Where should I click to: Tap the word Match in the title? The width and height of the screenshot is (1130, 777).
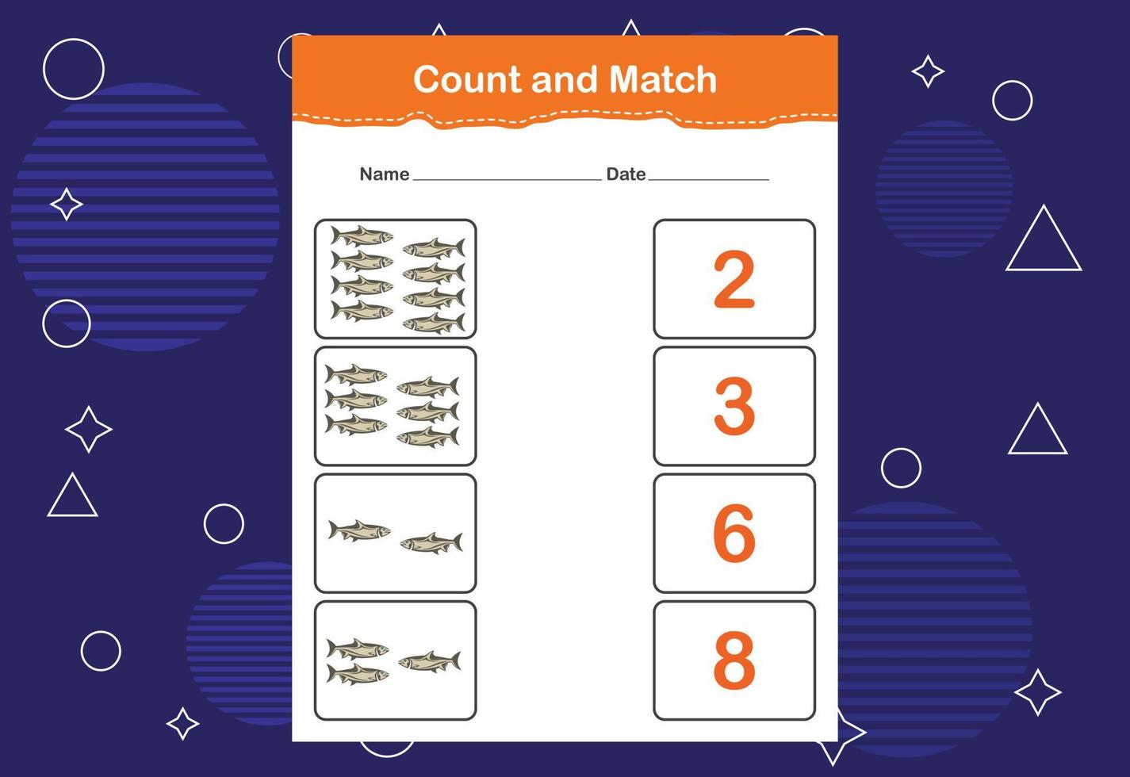tap(663, 80)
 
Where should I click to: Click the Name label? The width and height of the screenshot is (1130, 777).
tap(384, 174)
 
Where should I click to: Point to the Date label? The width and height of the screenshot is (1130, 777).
tap(626, 174)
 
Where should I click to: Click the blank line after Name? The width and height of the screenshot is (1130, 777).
tap(508, 180)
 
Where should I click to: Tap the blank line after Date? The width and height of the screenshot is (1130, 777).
tap(709, 180)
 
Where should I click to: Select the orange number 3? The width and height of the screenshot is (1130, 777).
tap(734, 406)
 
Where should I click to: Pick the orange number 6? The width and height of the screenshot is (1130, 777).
tap(734, 534)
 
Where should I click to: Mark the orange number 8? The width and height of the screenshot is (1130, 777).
tap(734, 660)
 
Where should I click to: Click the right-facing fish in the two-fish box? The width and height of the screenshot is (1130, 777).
tap(359, 530)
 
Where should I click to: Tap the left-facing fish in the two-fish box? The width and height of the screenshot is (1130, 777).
tap(431, 543)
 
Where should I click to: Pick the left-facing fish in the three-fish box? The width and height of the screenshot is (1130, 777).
tap(429, 661)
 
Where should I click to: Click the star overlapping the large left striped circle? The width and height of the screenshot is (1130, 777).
tap(66, 205)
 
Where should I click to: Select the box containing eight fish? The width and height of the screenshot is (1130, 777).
tap(395, 279)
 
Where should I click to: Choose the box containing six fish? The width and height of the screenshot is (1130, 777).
tap(395, 406)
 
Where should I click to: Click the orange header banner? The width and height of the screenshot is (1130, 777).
tap(565, 81)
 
